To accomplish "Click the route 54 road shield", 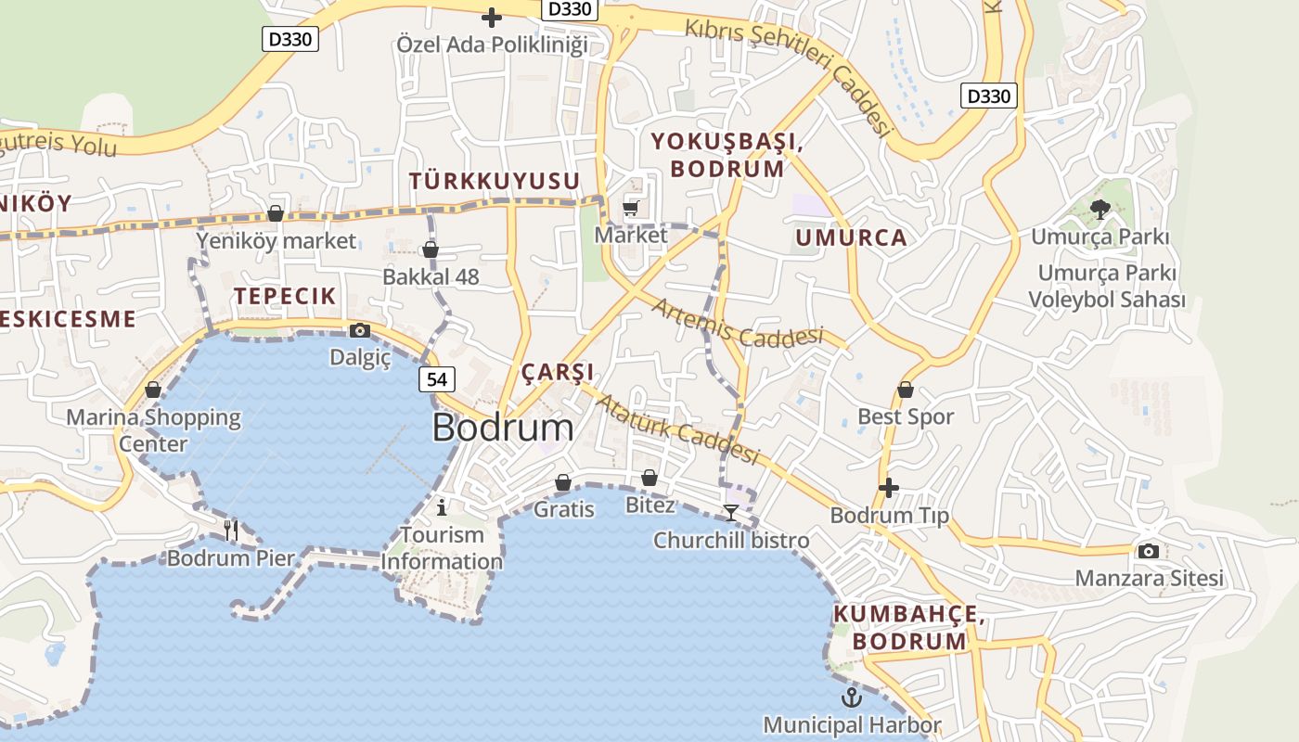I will point(437,379).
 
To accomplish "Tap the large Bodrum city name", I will point(503,428).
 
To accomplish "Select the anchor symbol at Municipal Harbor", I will point(852,697).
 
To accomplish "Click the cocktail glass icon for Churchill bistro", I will point(731,512).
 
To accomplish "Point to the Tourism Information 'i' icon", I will point(442,506).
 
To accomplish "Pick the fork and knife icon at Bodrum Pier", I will point(231,531).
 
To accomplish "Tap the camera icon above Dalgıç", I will point(360,330).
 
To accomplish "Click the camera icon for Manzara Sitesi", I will point(1149,551).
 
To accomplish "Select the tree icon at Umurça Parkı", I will point(1100,210).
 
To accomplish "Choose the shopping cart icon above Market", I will point(631,208).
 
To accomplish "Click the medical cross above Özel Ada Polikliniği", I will point(492,17).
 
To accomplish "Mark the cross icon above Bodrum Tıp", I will point(889,487).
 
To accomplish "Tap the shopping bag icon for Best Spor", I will point(906,390).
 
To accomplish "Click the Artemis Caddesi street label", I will point(738,323).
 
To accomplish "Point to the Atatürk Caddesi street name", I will point(676,429).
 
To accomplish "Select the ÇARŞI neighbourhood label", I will point(558,373).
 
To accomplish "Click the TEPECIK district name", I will point(285,297).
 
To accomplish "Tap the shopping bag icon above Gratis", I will point(563,482).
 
